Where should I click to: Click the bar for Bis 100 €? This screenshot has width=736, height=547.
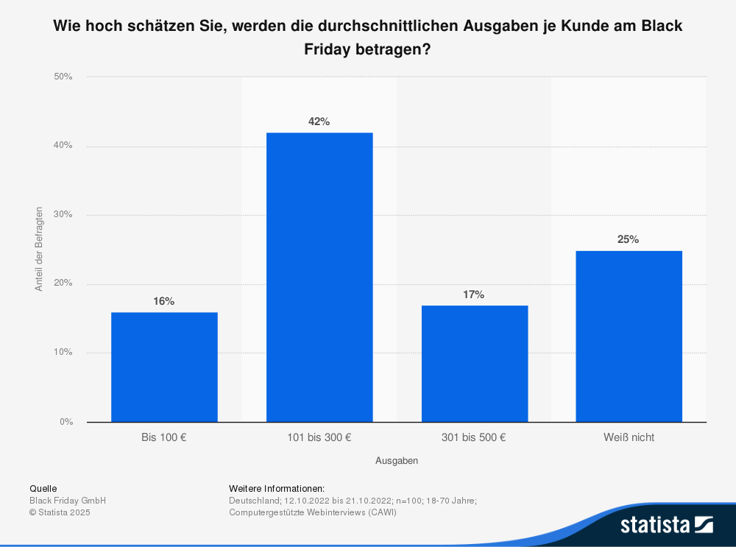[x=164, y=367]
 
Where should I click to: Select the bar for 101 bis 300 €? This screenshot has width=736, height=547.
[x=319, y=277]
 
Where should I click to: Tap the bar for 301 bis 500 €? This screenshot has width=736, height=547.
[x=474, y=363]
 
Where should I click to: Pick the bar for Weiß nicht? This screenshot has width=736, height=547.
[x=629, y=336]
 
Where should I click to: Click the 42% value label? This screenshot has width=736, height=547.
[x=319, y=121]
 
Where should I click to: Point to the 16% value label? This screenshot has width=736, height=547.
[x=164, y=301]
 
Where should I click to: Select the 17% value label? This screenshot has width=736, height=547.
[x=474, y=294]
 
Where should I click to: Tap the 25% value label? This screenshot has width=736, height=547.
[x=629, y=239]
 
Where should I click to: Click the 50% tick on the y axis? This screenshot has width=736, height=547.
[x=63, y=77]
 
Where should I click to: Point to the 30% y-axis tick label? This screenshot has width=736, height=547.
[x=63, y=215]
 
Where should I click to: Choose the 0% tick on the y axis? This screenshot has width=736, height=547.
[x=66, y=422]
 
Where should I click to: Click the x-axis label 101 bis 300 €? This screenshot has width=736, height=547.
[x=319, y=437]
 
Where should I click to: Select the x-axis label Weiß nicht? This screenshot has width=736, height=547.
[x=629, y=437]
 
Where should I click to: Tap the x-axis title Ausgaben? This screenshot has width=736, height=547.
[x=397, y=461]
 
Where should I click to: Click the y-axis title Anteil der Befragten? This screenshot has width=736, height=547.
[x=39, y=249]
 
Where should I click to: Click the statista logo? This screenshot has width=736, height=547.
[x=666, y=525]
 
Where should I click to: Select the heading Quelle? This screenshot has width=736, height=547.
[x=43, y=489]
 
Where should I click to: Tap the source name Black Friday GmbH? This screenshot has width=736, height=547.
[x=68, y=501]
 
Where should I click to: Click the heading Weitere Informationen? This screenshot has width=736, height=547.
[x=277, y=489]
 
